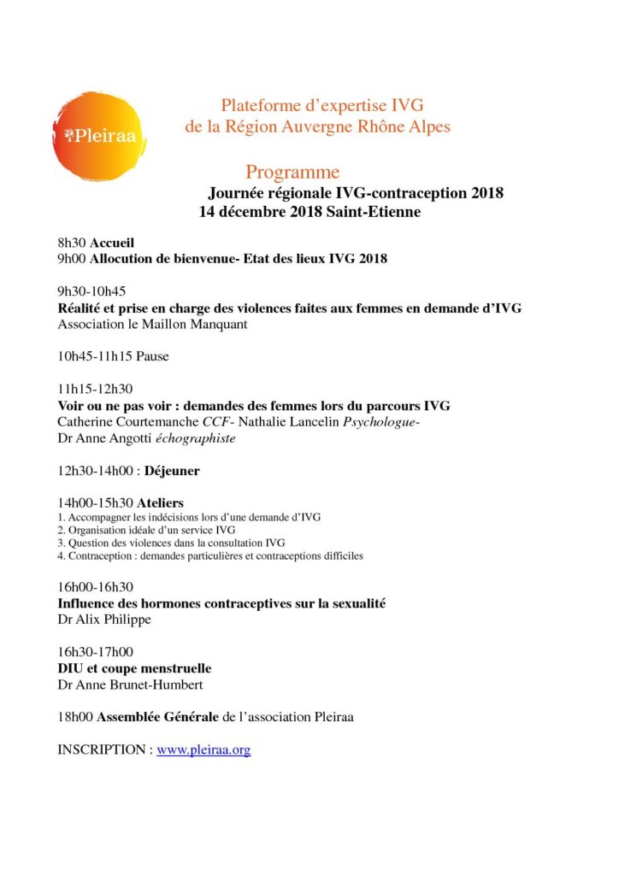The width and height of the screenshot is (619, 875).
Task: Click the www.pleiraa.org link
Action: (203, 749)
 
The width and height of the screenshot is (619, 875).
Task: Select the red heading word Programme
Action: (292, 173)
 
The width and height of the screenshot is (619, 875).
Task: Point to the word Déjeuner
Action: (173, 470)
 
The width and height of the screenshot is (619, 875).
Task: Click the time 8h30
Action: (72, 243)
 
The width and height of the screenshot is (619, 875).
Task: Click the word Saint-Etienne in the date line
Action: (374, 211)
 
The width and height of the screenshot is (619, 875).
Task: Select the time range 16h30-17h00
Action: (95, 652)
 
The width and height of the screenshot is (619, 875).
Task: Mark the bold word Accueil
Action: (113, 243)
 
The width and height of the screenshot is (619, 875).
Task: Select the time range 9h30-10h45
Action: (91, 291)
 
